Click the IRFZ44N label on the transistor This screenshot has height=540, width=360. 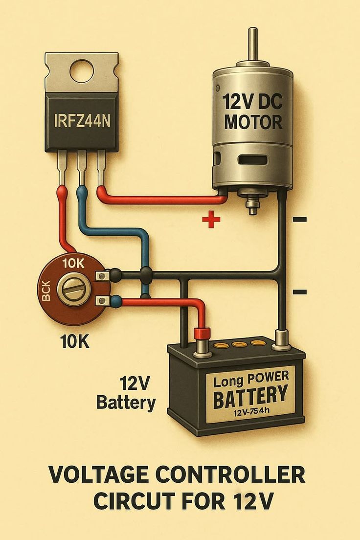(x=82, y=120)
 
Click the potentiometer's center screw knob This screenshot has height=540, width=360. (x=73, y=289)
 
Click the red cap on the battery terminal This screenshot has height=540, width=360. (x=202, y=334)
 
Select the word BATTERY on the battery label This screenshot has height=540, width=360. (x=250, y=395)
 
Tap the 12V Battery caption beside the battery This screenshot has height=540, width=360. (x=127, y=393)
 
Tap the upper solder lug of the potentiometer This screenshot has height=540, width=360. (x=103, y=276)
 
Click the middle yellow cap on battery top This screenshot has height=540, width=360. (x=239, y=345)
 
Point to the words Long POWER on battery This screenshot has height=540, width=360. (x=251, y=379)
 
